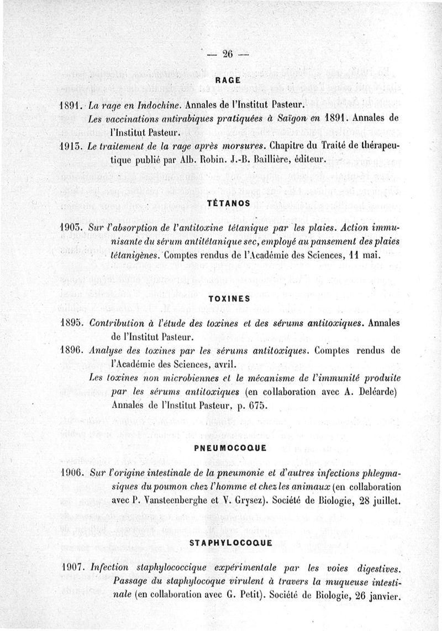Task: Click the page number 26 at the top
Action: pos(228,54)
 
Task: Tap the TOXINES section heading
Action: pos(228,298)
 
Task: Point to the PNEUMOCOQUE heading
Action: pos(228,449)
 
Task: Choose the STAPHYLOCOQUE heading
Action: pos(230,544)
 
